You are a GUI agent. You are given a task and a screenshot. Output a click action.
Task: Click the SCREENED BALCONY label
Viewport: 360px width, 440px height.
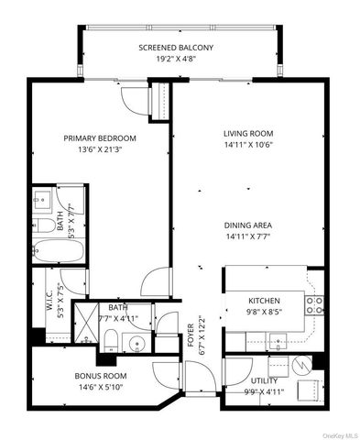pos(176,47)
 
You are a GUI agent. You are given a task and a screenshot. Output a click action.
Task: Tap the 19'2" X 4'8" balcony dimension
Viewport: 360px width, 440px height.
pos(176,60)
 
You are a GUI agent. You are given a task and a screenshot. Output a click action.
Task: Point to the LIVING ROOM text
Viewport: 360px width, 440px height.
pos(249,132)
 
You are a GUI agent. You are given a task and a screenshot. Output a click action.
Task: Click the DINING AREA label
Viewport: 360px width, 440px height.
pos(249,225)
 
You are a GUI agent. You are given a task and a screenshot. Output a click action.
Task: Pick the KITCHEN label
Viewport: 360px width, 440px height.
pos(264,300)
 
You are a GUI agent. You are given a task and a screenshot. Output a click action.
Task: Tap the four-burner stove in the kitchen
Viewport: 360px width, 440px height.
pos(314,304)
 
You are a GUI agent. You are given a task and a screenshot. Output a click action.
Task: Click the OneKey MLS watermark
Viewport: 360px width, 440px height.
pos(335,432)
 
